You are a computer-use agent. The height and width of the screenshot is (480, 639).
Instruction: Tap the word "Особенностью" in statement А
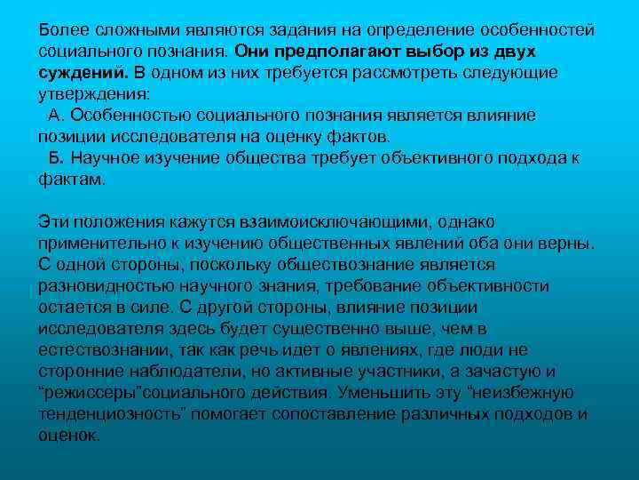(130, 116)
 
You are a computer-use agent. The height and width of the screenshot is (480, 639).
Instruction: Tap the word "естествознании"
(100, 349)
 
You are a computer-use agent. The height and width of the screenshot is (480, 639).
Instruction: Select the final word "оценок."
(70, 435)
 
